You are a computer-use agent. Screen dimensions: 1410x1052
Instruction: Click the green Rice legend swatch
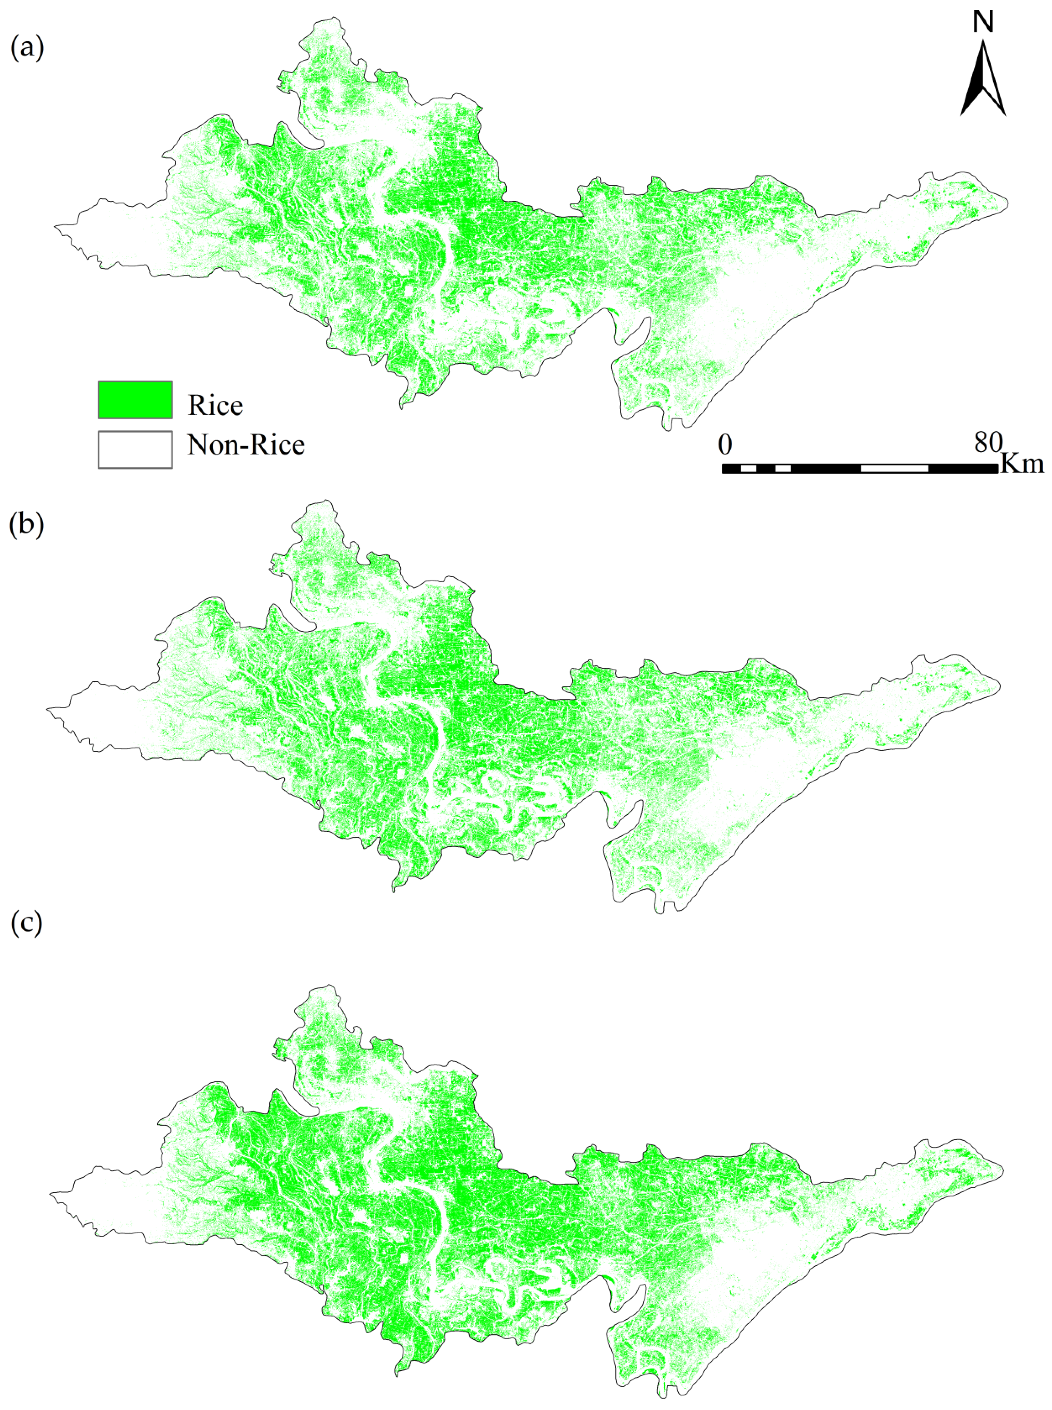[135, 399]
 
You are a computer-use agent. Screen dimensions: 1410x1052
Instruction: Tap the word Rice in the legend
[215, 405]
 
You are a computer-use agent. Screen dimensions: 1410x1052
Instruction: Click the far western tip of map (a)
[55, 225]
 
